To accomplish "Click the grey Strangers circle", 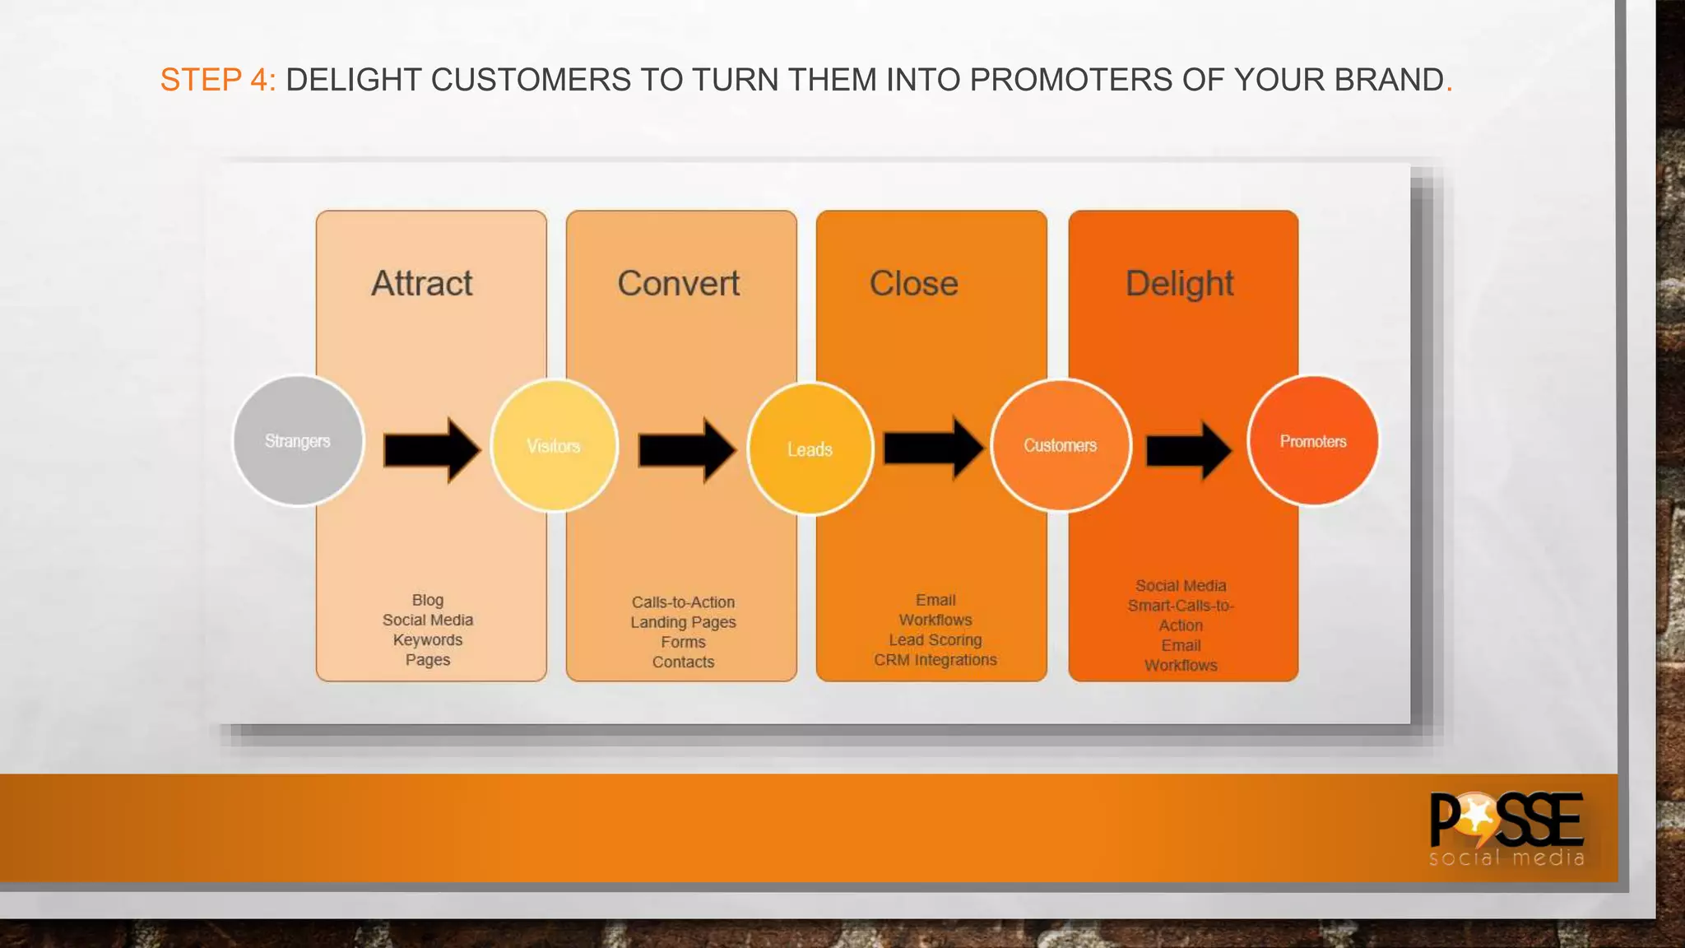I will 298,441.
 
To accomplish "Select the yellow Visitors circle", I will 554,445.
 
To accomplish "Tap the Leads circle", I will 810,448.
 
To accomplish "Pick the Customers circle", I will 1060,445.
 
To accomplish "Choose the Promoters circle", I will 1312,441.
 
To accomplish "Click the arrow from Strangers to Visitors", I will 432,450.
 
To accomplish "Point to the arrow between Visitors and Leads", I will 686,450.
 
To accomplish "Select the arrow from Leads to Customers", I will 933,448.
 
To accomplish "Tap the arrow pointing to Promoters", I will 1188,450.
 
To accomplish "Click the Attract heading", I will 422,283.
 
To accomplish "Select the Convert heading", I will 678,283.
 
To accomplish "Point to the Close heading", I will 913,283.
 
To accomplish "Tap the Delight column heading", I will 1179,283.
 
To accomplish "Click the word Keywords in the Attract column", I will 427,639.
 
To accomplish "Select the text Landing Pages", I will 683,622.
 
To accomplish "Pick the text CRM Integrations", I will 935,660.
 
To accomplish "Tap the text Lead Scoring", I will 935,639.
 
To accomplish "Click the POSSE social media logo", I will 1506,828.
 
